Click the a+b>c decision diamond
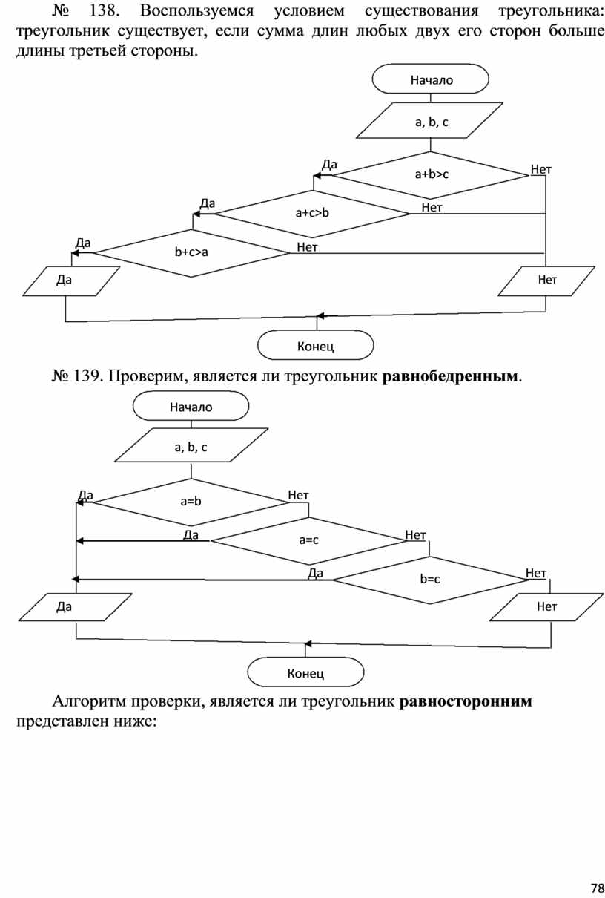pyautogui.click(x=431, y=175)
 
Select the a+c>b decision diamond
pyautogui.click(x=311, y=214)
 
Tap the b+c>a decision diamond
pyautogui.click(x=191, y=252)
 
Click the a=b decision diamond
pyautogui.click(x=191, y=502)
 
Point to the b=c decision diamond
pyautogui.click(x=429, y=579)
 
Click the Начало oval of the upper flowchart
pyautogui.click(x=431, y=79)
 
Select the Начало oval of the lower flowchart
pyautogui.click(x=191, y=407)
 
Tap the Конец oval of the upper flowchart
pyautogui.click(x=315, y=346)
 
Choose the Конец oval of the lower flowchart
pyautogui.click(x=305, y=673)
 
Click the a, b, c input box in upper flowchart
pyautogui.click(x=431, y=121)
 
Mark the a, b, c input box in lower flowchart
pyautogui.click(x=191, y=447)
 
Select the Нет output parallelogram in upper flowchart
pyautogui.click(x=547, y=281)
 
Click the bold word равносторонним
pyautogui.click(x=466, y=702)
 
